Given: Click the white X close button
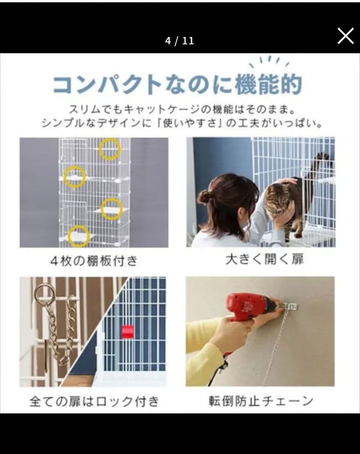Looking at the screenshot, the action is [346, 36].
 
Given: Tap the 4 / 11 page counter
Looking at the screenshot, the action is [179, 41].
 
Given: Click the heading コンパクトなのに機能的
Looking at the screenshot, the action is [178, 84].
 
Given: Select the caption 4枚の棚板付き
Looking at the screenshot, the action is [94, 261].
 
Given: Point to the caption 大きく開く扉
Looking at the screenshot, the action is [265, 259].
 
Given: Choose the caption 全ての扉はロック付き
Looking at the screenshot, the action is [95, 401].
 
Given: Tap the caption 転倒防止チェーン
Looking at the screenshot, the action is [261, 401].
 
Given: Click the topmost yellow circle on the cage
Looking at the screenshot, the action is [110, 149].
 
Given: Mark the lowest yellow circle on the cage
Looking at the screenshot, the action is [79, 236].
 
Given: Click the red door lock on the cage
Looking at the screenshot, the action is [128, 332].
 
